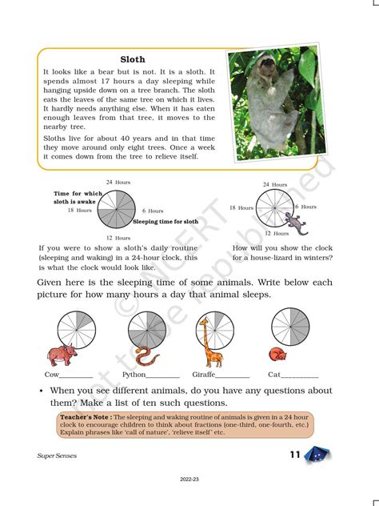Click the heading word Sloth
pyautogui.click(x=132, y=59)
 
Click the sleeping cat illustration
pyautogui.click(x=277, y=355)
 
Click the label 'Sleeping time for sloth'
pyautogui.click(x=166, y=220)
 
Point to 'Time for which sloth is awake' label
pyautogui.click(x=78, y=198)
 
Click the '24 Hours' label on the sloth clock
pyautogui.click(x=119, y=182)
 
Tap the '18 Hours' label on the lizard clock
pyautogui.click(x=241, y=207)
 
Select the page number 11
pyautogui.click(x=295, y=456)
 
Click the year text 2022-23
pyautogui.click(x=189, y=480)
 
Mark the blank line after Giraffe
pyautogui.click(x=233, y=375)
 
